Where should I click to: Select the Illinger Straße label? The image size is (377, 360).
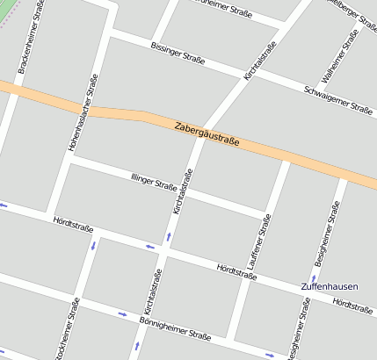(154, 183)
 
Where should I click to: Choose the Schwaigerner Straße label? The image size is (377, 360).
(338, 99)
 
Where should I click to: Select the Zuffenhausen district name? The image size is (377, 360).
(328, 287)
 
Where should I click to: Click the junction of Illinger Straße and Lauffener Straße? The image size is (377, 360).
(268, 213)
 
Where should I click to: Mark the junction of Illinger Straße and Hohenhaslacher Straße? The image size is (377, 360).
(70, 161)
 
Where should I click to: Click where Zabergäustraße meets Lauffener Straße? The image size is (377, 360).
(286, 160)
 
